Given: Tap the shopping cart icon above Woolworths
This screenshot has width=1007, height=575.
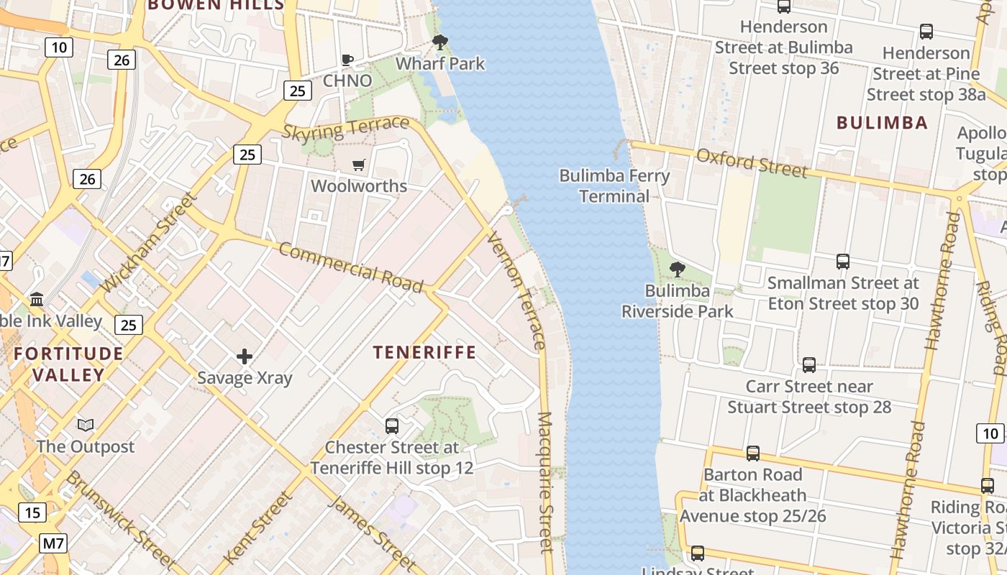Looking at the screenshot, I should pos(359,165).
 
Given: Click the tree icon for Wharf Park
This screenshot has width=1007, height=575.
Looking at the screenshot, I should pos(440,42).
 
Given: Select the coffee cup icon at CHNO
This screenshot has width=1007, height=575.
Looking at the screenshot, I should pos(347,60).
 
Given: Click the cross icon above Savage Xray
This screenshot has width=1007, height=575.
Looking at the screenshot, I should pos(245,356).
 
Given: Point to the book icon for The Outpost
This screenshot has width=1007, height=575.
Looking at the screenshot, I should pos(86,425).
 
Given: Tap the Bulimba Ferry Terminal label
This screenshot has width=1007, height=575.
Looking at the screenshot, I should pos(614,185).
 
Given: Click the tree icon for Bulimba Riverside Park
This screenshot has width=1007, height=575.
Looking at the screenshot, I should pos(677,270).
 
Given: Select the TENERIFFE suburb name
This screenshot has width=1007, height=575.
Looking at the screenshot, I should pos(424,352).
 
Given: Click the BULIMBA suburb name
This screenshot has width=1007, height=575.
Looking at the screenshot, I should pos(882,122).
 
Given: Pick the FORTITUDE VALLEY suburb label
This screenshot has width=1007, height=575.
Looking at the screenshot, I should pos(68,364).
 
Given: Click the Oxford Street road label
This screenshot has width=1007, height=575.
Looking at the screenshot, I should pos(752,162).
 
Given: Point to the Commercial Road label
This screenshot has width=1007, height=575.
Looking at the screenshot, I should pos(350,267).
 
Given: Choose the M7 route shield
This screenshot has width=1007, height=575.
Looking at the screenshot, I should pos(53,543).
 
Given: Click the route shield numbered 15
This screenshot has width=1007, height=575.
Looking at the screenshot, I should pos(32,512).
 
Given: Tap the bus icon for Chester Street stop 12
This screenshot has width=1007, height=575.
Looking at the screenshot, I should pos(392,425).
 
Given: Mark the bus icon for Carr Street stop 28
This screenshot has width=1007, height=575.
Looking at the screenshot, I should pos(809,365).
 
